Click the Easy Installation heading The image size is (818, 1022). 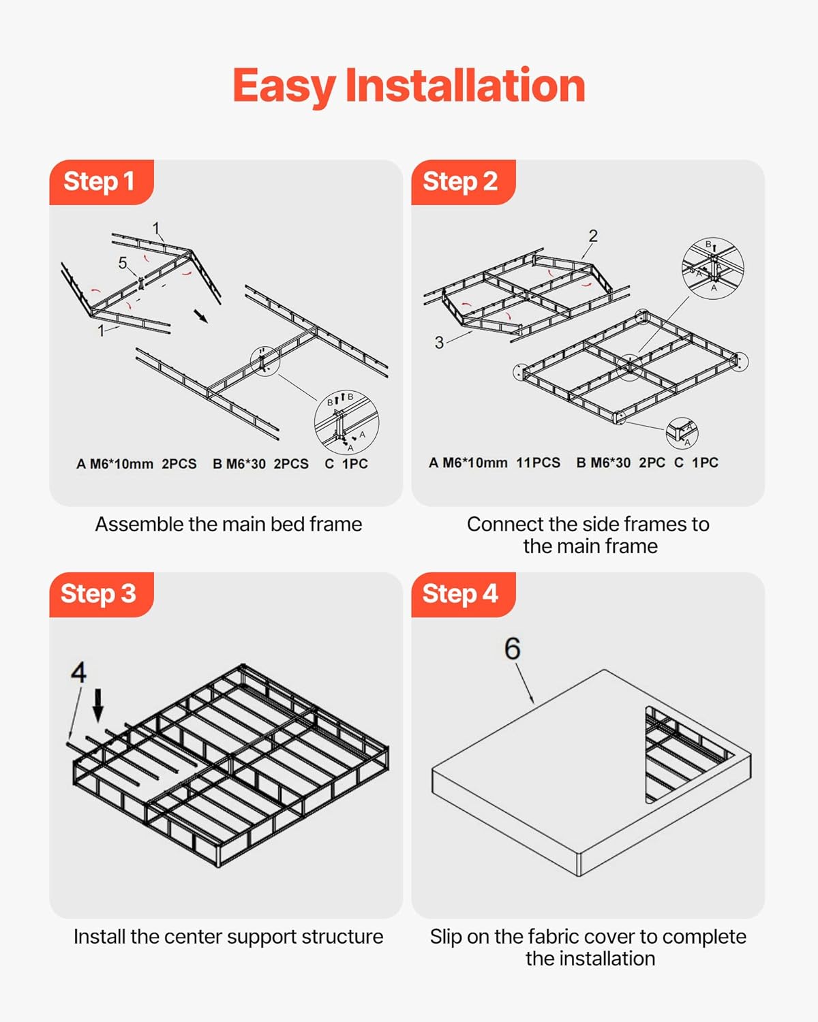409,86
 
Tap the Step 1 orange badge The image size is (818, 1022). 100,182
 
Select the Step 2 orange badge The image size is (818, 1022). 461,182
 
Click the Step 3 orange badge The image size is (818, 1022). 100,594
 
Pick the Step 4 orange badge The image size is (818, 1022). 461,594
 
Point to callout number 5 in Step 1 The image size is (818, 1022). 123,263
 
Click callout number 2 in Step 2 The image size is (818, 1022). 593,236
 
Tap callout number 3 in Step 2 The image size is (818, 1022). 439,343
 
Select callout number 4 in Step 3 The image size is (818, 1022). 78,672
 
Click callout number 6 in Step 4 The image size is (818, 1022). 512,649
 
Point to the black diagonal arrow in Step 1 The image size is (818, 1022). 201,316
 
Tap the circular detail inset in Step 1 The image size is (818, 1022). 346,422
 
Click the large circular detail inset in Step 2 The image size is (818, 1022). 712,268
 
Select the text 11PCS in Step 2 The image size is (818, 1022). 538,463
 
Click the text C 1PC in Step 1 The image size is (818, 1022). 346,464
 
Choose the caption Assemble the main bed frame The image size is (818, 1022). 228,524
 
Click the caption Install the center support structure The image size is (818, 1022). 228,937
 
